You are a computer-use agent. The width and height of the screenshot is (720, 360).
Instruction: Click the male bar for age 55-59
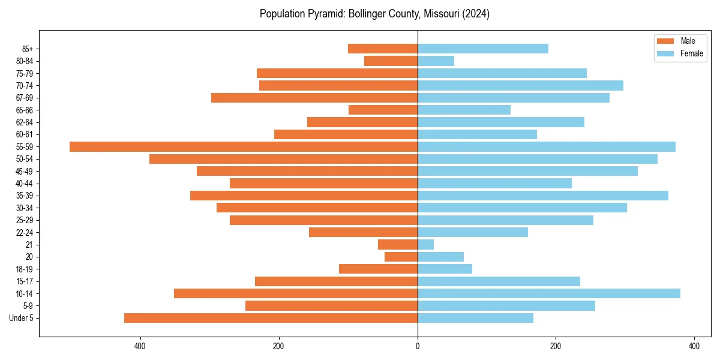click(243, 146)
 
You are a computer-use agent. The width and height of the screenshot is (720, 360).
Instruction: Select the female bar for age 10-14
click(548, 293)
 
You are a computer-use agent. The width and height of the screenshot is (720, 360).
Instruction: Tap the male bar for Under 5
click(271, 318)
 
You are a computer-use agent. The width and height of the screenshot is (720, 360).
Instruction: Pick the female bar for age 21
click(425, 244)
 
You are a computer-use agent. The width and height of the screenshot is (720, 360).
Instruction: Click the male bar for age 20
click(401, 257)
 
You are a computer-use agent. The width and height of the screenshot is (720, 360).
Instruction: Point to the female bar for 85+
click(482, 49)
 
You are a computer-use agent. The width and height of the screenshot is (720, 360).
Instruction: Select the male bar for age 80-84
click(391, 61)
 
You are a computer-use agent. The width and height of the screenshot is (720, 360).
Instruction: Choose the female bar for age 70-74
click(520, 85)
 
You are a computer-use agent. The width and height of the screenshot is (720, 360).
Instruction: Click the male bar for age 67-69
click(314, 98)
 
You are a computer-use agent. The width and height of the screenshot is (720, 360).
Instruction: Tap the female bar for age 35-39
click(542, 196)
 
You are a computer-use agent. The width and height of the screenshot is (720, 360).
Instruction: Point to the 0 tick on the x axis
click(418, 346)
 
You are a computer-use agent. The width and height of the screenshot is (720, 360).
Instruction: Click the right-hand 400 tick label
click(694, 346)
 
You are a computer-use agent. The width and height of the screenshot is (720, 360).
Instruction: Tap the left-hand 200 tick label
click(278, 346)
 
